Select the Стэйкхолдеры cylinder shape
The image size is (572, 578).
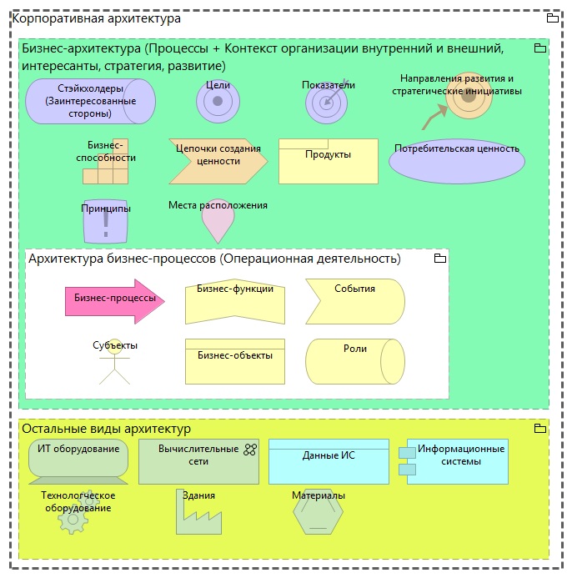[x=90, y=102]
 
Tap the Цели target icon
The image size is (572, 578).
[x=218, y=102]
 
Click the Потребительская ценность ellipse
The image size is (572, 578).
[x=456, y=158]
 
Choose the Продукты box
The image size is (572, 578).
[x=328, y=160]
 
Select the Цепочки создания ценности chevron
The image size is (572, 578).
[x=218, y=160]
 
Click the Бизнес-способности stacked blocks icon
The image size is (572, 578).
[x=107, y=164]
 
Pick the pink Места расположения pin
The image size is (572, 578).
[x=218, y=222]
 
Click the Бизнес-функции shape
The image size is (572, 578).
[x=234, y=301]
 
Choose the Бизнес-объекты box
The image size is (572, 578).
[x=234, y=359]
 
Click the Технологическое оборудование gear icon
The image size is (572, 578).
[x=73, y=520]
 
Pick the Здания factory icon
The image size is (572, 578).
[x=198, y=515]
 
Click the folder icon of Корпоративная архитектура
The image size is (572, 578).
[x=552, y=18]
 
